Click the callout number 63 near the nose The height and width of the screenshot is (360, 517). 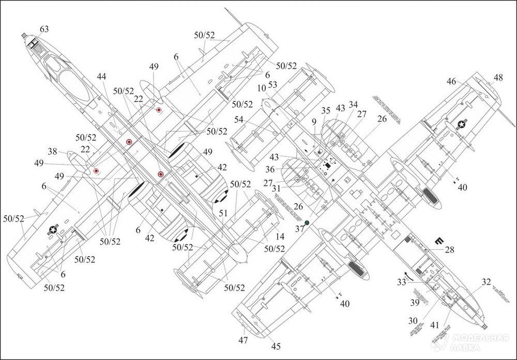click(44, 29)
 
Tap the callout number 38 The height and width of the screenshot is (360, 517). click(53, 152)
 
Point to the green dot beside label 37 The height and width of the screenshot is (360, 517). click(307, 222)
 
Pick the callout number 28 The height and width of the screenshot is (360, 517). click(449, 250)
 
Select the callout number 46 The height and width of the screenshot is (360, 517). click(451, 81)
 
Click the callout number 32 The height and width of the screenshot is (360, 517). click(485, 282)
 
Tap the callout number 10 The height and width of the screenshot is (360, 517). click(261, 89)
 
